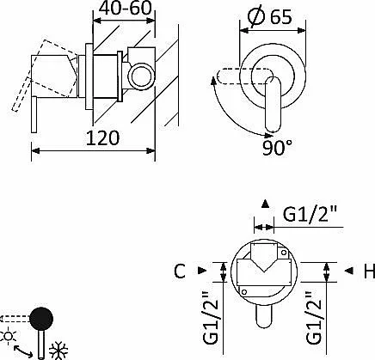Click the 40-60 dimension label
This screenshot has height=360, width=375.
125,9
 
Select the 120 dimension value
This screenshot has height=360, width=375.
102,138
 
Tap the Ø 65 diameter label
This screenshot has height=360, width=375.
269,16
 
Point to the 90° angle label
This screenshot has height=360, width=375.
277,148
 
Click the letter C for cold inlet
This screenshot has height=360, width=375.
180,271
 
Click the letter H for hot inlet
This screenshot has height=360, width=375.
369,271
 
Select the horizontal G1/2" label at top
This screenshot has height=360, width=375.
310,214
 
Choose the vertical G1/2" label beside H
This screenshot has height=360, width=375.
314,317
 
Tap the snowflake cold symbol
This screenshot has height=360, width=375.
58,351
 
